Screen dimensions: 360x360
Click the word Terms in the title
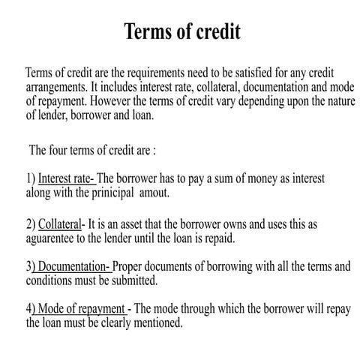pos(148,32)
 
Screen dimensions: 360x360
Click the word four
pos(62,150)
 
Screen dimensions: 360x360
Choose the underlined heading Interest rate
pos(65,178)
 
